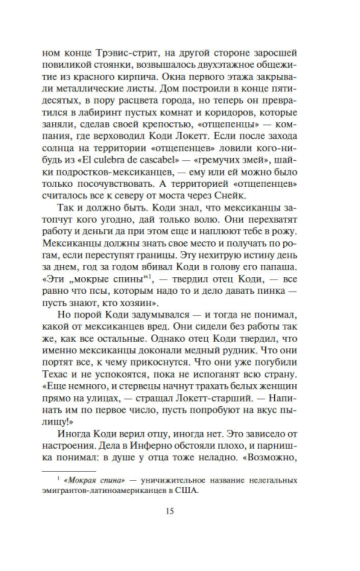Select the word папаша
(280, 267)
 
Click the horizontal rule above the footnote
(69, 471)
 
